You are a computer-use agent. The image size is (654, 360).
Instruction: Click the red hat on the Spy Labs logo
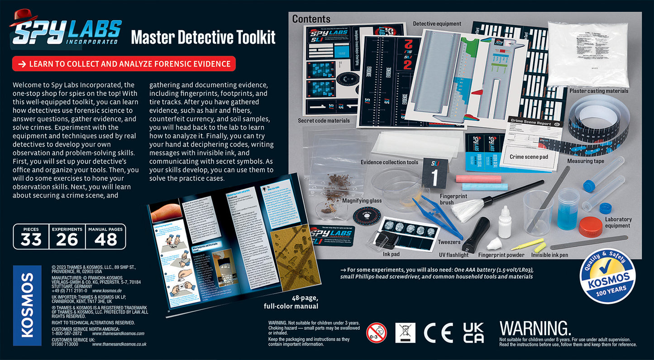(23, 17)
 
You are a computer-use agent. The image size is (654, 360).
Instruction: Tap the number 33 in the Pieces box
(31, 240)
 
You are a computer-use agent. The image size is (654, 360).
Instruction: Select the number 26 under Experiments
(67, 240)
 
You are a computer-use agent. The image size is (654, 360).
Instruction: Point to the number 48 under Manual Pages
(105, 240)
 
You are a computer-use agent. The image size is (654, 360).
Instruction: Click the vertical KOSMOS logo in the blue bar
(27, 305)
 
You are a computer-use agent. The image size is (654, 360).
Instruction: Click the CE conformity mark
(438, 333)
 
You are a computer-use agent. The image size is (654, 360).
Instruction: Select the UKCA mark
(473, 333)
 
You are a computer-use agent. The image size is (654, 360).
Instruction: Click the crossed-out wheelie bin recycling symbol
(405, 333)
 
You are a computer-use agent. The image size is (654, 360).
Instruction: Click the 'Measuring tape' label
(586, 161)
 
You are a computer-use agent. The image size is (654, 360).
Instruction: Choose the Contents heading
(311, 19)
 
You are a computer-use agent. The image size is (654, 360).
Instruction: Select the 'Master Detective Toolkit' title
(203, 37)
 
